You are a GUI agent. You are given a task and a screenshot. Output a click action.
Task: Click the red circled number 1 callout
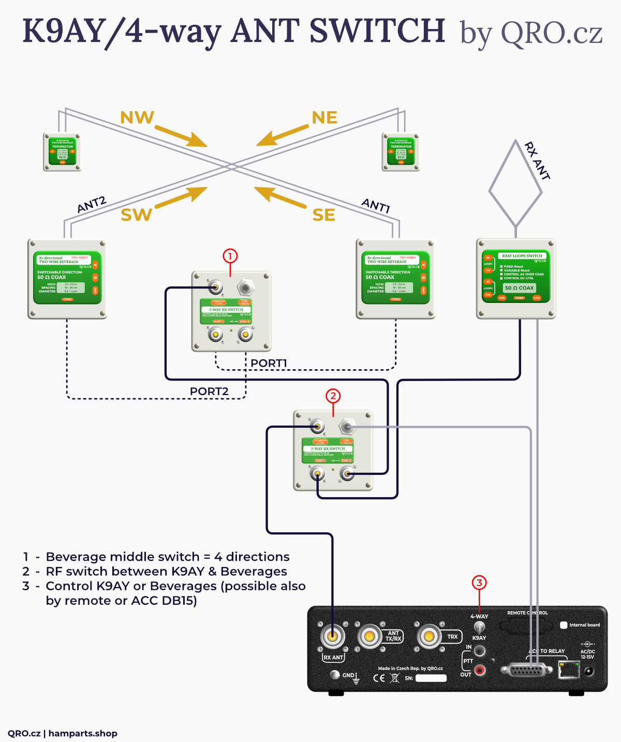pyautogui.click(x=230, y=256)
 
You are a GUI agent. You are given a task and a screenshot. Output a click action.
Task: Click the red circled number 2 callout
pyautogui.click(x=333, y=396)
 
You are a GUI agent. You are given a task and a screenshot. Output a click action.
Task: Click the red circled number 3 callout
pyautogui.click(x=479, y=583)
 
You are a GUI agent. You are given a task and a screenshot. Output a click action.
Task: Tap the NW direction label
pyautogui.click(x=137, y=118)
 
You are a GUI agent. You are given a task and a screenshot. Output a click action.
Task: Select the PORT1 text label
pyautogui.click(x=269, y=363)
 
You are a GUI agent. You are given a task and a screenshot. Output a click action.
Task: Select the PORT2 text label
pyautogui.click(x=209, y=391)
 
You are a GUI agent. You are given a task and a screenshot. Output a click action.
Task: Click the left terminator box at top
pyautogui.click(x=62, y=152)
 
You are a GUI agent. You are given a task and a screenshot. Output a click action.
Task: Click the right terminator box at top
pyautogui.click(x=401, y=152)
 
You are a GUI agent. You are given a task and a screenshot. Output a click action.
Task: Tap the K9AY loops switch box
pyautogui.click(x=516, y=278)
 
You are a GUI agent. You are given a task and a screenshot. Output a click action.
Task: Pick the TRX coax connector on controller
pyautogui.click(x=429, y=636)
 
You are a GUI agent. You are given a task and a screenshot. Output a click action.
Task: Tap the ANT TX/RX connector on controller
pyautogui.click(x=369, y=636)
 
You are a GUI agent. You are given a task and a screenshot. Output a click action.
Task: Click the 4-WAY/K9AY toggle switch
pyautogui.click(x=480, y=627)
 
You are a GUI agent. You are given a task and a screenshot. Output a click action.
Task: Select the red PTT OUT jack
pyautogui.click(x=480, y=671)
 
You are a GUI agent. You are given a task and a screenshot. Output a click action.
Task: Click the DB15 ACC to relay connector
pyautogui.click(x=527, y=671)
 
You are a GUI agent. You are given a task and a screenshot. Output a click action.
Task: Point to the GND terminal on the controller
pyautogui.click(x=335, y=675)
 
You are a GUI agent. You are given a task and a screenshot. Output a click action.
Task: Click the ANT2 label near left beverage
pyautogui.click(x=92, y=204)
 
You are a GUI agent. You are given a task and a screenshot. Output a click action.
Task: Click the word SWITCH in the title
pyautogui.click(x=377, y=31)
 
